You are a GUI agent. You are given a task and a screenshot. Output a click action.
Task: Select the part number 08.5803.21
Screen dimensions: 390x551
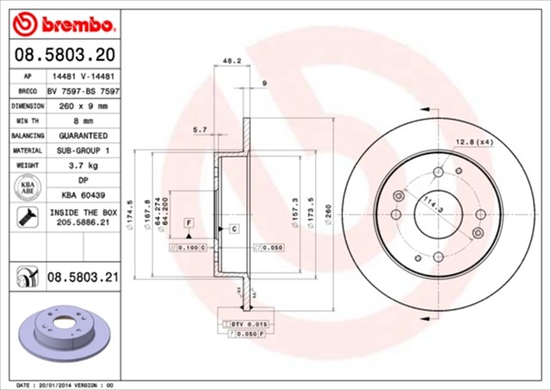pos(82,276)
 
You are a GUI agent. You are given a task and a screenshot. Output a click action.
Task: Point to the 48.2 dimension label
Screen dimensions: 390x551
pos(230,62)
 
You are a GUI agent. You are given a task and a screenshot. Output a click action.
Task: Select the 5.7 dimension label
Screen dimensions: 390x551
pos(200,129)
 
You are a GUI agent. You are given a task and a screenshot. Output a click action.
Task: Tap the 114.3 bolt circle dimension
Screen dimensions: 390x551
pos(431,203)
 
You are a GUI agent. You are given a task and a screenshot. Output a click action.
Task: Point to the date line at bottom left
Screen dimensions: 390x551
pos(65,384)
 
